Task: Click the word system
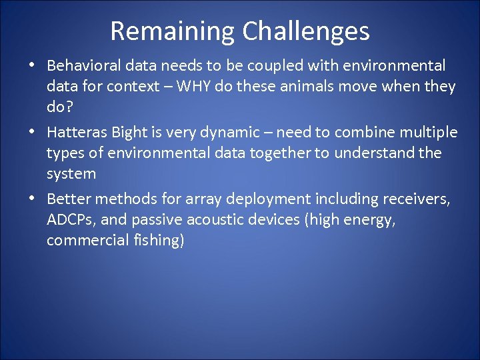(x=71, y=174)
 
